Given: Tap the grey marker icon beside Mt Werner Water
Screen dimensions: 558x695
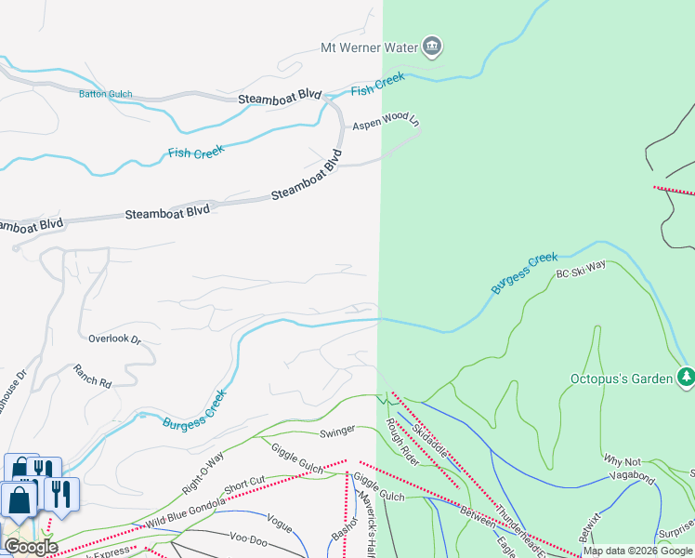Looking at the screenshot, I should [431, 46].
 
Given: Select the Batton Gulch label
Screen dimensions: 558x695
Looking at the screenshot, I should [105, 94].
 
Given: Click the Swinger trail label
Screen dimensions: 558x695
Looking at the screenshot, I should [336, 432].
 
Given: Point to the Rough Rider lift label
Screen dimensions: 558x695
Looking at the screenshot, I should [402, 442].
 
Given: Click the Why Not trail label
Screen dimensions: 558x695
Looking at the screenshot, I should [623, 460].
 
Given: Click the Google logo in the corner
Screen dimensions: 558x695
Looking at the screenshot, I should [31, 546].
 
